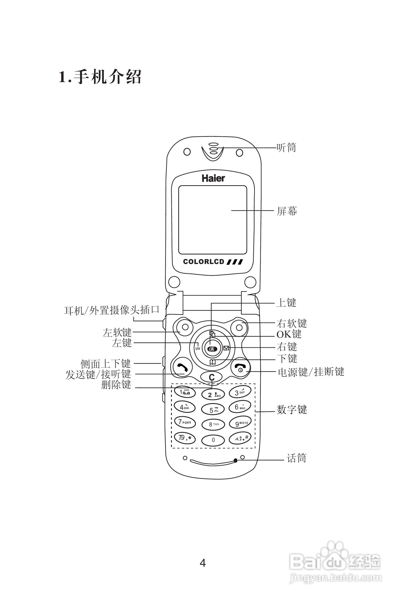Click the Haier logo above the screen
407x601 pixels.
[213, 178]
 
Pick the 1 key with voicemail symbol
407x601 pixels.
[185, 393]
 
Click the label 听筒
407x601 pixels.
[286, 148]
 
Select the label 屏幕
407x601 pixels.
[287, 211]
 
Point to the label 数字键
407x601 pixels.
[292, 410]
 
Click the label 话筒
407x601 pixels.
[296, 458]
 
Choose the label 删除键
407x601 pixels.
[116, 385]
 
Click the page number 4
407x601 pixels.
[203, 563]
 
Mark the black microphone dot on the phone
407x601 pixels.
[236, 460]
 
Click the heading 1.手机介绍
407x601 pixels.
[100, 77]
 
